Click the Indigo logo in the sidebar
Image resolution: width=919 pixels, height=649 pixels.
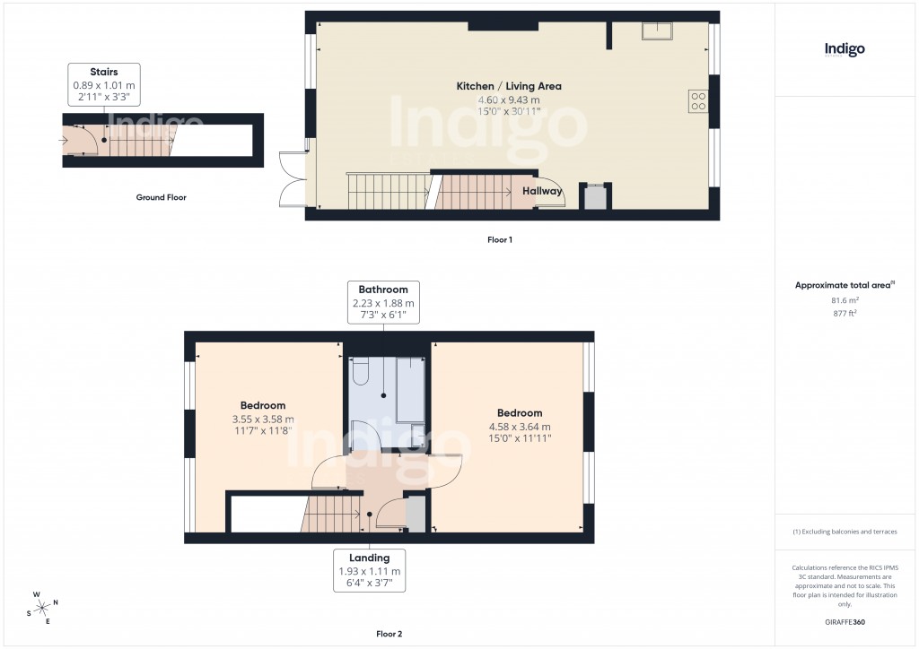(845, 49)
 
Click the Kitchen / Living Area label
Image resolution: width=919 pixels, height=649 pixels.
(509, 86)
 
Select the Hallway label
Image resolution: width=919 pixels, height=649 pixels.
(542, 191)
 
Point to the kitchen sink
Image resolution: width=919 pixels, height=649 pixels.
(660, 33)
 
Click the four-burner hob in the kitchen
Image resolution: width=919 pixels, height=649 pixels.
(697, 101)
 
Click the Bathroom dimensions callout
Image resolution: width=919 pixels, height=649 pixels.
(383, 303)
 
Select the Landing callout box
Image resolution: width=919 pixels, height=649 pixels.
(369, 571)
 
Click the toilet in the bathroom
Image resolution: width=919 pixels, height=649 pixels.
(361, 371)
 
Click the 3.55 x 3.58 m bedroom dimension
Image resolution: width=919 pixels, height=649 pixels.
(263, 419)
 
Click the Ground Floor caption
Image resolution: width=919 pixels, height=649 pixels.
(161, 197)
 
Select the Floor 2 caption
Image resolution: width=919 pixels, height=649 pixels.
(390, 634)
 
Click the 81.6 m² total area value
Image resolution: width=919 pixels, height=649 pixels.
(844, 302)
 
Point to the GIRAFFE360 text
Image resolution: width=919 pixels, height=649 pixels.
(845, 622)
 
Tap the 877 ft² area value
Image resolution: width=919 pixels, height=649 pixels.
(844, 314)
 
